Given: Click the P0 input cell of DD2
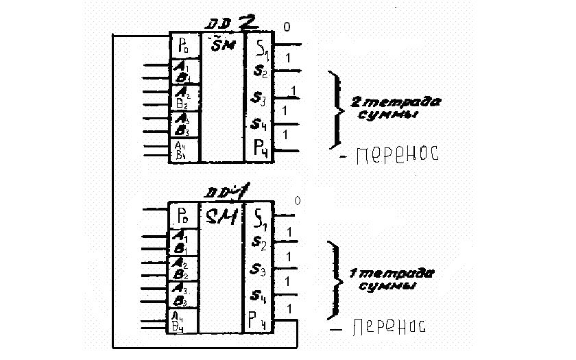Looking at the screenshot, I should (x=184, y=47).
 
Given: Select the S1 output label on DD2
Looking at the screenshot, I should (x=260, y=47).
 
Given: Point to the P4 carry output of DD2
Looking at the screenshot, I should (x=260, y=148).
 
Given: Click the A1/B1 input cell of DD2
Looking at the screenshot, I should (x=184, y=71).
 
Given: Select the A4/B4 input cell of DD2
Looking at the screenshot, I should (x=183, y=151).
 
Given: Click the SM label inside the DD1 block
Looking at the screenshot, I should (x=221, y=217).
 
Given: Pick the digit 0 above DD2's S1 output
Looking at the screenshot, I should (x=287, y=27).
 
